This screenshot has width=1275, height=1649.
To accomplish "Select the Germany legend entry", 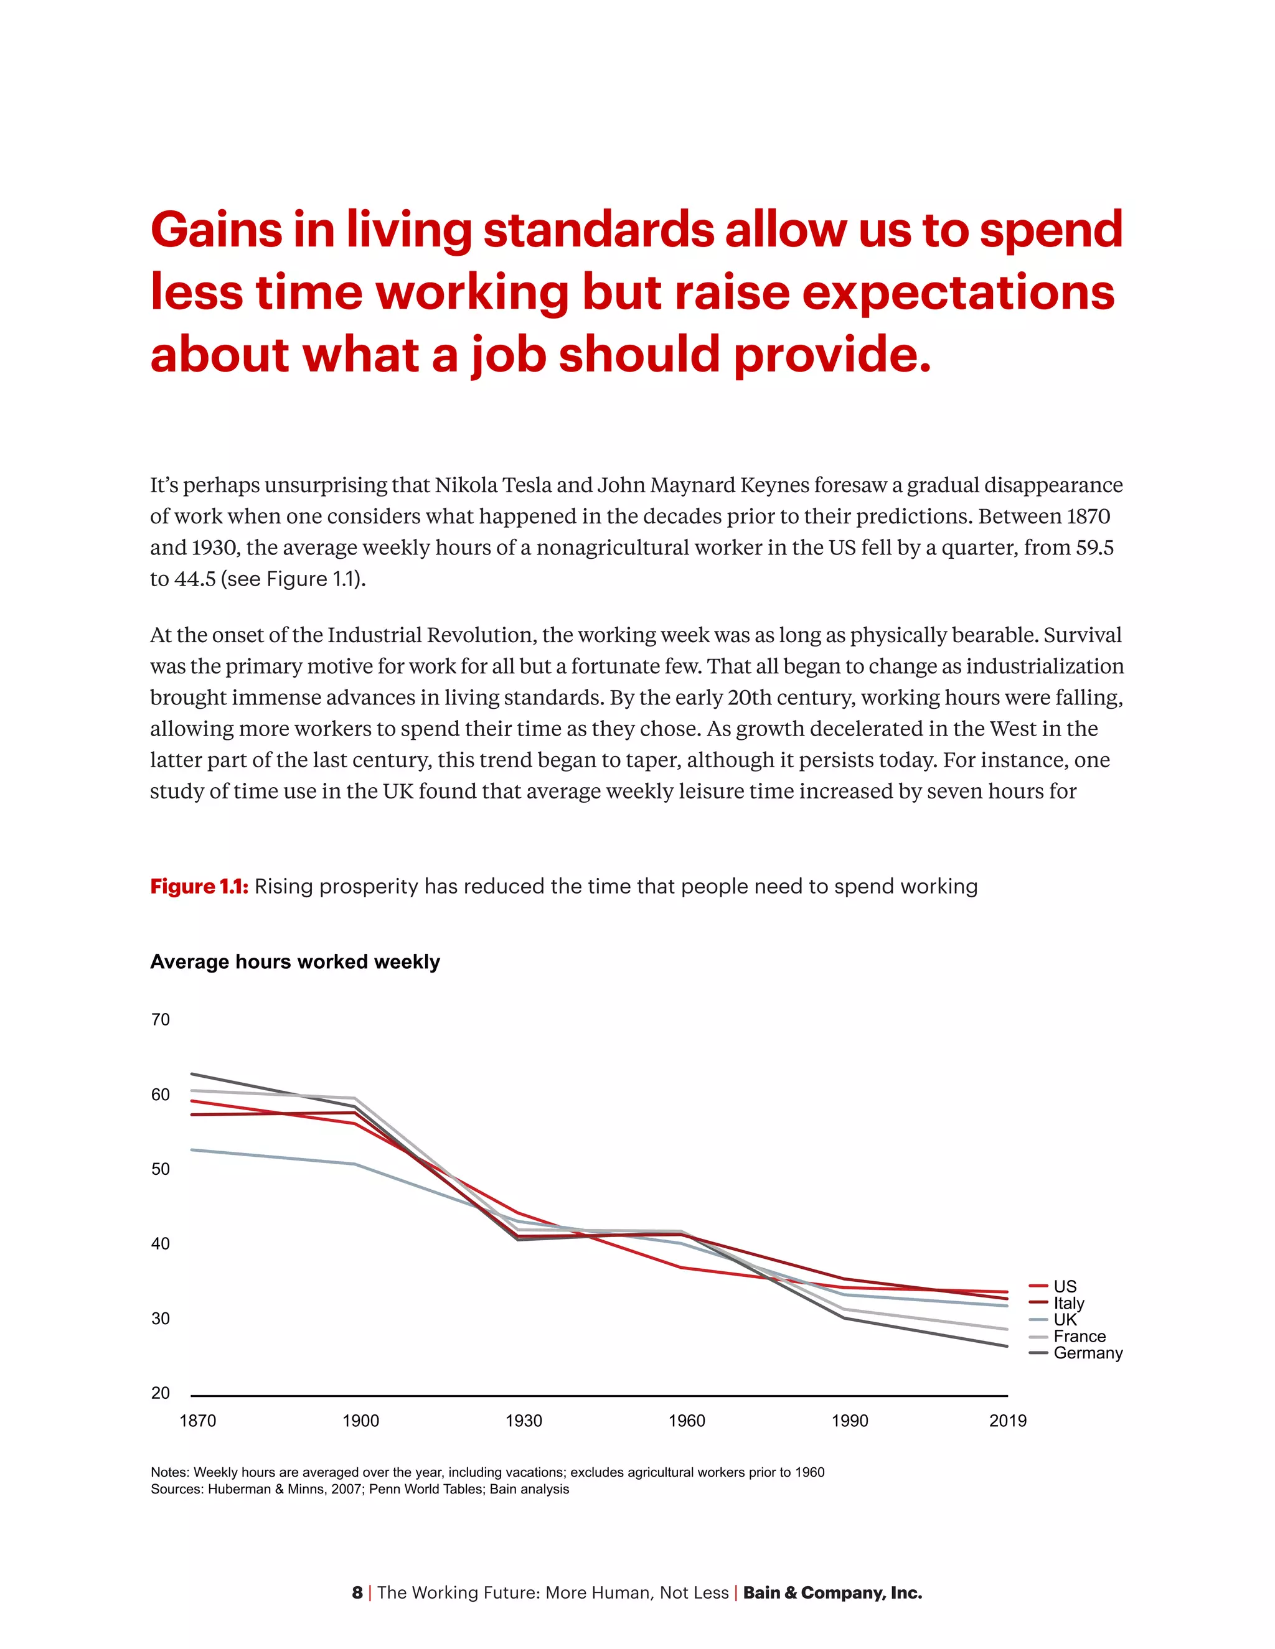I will (1087, 1352).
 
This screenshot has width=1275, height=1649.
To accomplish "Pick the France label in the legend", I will (1079, 1335).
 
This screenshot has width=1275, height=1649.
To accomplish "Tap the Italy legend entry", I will (1068, 1302).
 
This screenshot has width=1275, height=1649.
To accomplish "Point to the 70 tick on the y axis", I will (160, 1019).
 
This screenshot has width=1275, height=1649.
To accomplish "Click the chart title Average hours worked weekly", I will (294, 962).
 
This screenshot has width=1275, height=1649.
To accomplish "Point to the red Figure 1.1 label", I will (199, 886).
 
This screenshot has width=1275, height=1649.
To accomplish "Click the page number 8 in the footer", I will (357, 1592).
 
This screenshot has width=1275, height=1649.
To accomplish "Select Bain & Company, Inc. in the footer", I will (832, 1592).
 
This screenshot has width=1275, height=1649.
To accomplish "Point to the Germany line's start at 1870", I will (192, 1073).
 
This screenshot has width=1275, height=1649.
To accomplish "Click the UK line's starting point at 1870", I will (192, 1149).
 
